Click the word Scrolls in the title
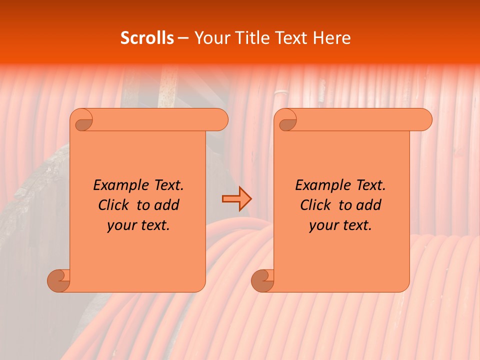point(147,38)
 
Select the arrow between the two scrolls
point(236,199)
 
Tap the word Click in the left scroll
point(115,205)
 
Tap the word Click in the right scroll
point(317,205)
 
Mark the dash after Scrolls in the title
point(183,38)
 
